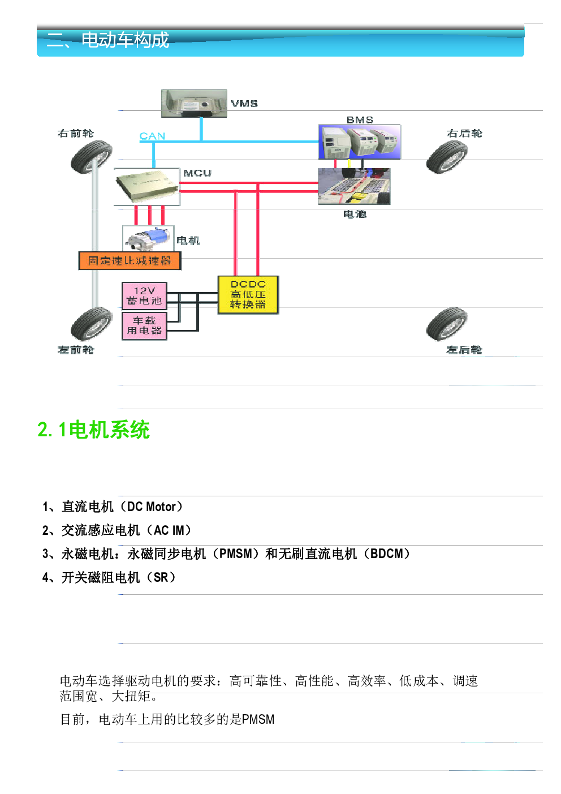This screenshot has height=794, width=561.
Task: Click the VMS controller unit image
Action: click(194, 103)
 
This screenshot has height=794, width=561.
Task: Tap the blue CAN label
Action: click(152, 136)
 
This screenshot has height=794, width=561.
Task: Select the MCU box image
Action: click(147, 187)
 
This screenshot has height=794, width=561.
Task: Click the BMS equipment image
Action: click(360, 142)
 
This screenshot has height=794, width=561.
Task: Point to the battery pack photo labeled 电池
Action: click(354, 186)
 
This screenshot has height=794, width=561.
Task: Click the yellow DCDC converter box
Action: click(248, 294)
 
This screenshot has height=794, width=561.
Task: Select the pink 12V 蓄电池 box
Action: click(144, 296)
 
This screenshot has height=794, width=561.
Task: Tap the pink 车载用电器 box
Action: click(144, 326)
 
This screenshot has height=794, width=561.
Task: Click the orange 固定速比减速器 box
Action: click(130, 261)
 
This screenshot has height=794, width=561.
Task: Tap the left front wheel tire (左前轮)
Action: click(91, 323)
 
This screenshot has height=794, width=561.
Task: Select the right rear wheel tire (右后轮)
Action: click(447, 157)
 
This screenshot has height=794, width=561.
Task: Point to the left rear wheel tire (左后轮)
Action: click(447, 323)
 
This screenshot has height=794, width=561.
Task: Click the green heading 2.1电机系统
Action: click(93, 430)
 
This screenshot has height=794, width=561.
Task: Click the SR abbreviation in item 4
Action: click(161, 577)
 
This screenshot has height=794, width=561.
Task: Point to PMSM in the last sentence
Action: click(258, 719)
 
